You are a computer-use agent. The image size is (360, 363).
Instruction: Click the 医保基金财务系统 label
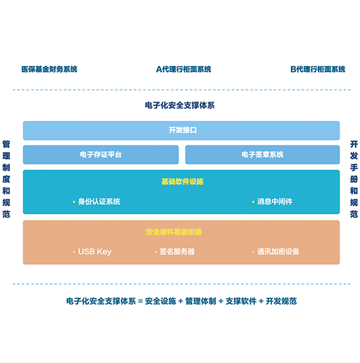click(49, 69)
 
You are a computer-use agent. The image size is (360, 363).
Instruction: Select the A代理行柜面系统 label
click(183, 69)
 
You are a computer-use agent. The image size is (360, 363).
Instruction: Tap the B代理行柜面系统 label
click(318, 69)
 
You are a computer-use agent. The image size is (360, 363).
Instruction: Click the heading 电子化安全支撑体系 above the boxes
click(179, 106)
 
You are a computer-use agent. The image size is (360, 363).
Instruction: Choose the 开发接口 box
click(181, 130)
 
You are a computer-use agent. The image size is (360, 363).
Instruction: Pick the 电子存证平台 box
click(101, 154)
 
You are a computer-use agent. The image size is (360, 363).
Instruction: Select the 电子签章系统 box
click(262, 154)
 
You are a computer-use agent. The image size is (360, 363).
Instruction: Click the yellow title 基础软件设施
click(183, 181)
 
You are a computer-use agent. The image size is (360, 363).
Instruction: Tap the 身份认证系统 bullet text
click(99, 201)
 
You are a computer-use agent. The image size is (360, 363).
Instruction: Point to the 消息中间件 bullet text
click(275, 201)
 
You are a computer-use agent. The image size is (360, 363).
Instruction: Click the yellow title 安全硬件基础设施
click(174, 232)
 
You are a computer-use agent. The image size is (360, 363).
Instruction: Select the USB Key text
click(95, 251)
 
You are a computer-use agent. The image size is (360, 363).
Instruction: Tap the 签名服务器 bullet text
click(177, 251)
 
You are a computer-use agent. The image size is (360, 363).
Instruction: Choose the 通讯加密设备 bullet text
click(278, 251)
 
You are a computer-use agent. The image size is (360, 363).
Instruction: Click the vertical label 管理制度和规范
click(6, 179)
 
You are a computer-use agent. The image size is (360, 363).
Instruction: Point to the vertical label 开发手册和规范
click(354, 179)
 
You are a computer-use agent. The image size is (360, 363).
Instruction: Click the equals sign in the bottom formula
click(140, 301)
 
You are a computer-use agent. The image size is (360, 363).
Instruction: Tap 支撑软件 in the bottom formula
click(241, 301)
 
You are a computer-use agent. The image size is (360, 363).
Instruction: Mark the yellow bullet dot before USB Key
click(74, 252)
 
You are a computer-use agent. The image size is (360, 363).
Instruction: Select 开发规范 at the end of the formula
click(281, 301)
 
